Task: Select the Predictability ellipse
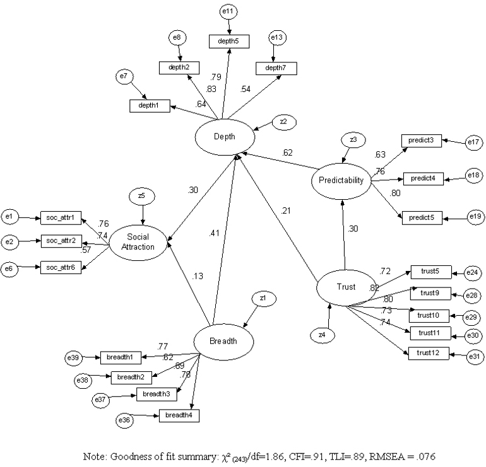(341, 181)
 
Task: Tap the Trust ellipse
(345, 287)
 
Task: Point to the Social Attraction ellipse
(138, 243)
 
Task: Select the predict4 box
(424, 179)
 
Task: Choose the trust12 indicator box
(428, 353)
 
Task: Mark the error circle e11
(228, 11)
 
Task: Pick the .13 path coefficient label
(197, 275)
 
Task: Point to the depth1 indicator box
(150, 106)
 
